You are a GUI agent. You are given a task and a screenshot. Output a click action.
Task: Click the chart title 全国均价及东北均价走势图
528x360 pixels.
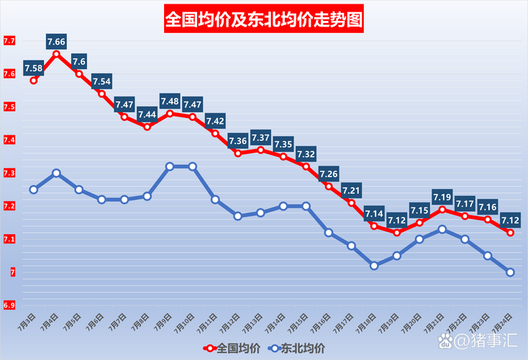[x=263, y=19]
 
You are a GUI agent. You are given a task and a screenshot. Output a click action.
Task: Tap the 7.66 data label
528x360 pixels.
[x=56, y=42]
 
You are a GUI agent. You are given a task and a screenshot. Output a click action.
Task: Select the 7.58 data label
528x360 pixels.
[x=34, y=68]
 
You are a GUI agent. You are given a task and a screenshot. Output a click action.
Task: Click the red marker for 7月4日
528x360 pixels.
[x=56, y=54]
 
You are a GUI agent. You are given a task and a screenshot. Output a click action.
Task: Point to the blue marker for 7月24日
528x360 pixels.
[x=510, y=272]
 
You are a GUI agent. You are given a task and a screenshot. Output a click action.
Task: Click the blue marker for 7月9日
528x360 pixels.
[x=170, y=166]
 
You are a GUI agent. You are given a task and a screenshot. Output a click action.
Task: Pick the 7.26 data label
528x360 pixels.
[x=329, y=174]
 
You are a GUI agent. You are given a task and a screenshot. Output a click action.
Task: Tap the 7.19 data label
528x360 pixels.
[x=442, y=197]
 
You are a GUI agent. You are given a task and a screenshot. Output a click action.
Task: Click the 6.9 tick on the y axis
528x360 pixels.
[x=9, y=306]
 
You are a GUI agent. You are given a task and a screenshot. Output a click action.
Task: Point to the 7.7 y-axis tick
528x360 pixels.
[x=9, y=41]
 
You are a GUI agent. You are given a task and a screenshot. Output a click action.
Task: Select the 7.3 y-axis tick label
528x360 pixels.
[x=9, y=174]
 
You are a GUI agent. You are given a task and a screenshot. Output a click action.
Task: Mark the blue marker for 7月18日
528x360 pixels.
[x=374, y=266]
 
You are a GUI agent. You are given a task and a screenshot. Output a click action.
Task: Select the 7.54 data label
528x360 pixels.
[x=101, y=81]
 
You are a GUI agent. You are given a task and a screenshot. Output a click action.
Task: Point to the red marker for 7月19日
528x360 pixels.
[x=396, y=233]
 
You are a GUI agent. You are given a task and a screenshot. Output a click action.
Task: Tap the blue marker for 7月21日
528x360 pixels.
[x=442, y=229]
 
